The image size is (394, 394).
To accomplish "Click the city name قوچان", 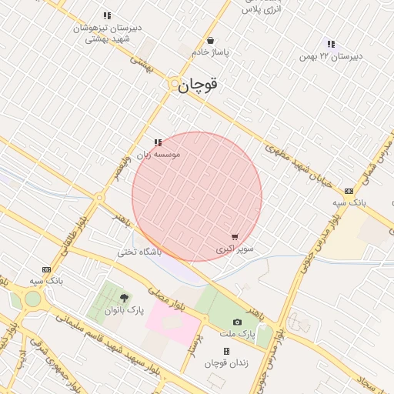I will coord(199,85).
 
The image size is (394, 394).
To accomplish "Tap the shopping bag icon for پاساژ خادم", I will coord(210,41).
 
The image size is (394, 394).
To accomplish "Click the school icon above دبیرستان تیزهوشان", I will coord(107,15).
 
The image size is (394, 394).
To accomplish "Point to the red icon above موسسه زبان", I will coord(158,142).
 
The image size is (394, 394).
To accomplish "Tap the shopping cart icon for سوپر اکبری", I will coord(234,238).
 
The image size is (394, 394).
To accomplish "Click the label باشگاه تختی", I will coord(139,252).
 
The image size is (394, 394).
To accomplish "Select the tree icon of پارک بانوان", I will coord(124,298).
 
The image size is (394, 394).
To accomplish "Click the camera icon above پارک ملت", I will coord(237,322).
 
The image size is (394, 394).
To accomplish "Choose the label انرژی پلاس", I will coord(260,9).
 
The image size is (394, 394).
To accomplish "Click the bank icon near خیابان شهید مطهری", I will coord(349,190).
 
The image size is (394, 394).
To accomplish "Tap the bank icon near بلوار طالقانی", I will coord(46,269).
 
